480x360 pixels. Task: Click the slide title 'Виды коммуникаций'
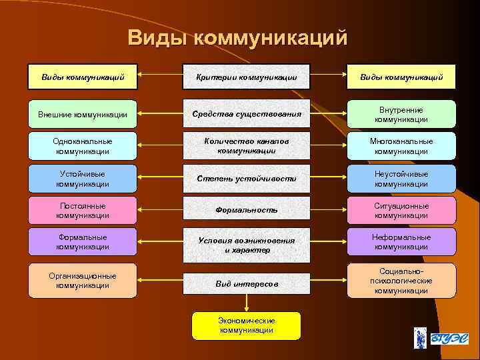(238, 37)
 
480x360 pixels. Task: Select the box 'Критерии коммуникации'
(247, 77)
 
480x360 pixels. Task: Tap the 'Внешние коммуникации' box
(83, 114)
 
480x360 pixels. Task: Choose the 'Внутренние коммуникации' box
(401, 114)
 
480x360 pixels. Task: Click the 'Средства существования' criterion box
(247, 114)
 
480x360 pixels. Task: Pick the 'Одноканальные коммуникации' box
(83, 146)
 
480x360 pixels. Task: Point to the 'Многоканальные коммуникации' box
(401, 146)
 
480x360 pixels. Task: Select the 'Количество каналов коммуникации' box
(247, 146)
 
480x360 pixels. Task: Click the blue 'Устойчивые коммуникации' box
(83, 179)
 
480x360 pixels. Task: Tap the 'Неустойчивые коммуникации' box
(401, 179)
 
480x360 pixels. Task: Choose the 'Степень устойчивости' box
(247, 179)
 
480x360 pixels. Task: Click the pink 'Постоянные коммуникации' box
(83, 210)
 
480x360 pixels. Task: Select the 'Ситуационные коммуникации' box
(401, 210)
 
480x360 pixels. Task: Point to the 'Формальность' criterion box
(247, 210)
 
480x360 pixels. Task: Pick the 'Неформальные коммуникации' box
(401, 241)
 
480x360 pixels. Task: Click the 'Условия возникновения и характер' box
(247, 244)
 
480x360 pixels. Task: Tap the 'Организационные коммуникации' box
(83, 280)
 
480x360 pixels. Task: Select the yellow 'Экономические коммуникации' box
(246, 325)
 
